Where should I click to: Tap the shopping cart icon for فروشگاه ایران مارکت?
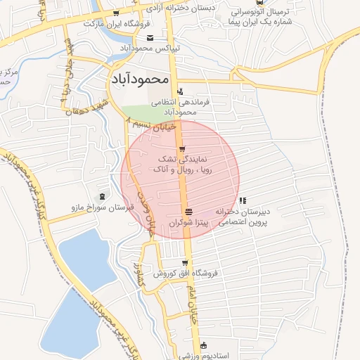pyautogui.click(x=116, y=14)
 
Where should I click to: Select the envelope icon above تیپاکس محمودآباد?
pyautogui.click(x=150, y=38)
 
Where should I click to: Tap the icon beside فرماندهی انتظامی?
pyautogui.click(x=181, y=91)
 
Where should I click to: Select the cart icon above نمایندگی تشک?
pyautogui.click(x=183, y=149)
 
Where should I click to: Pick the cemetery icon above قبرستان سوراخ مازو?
pyautogui.click(x=104, y=195)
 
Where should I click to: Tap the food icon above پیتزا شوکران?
pyautogui.click(x=188, y=212)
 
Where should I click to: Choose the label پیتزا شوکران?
pyautogui.click(x=190, y=222)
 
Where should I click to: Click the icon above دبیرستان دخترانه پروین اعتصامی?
pyautogui.click(x=243, y=201)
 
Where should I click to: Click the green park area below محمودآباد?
pyautogui.click(x=146, y=112)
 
